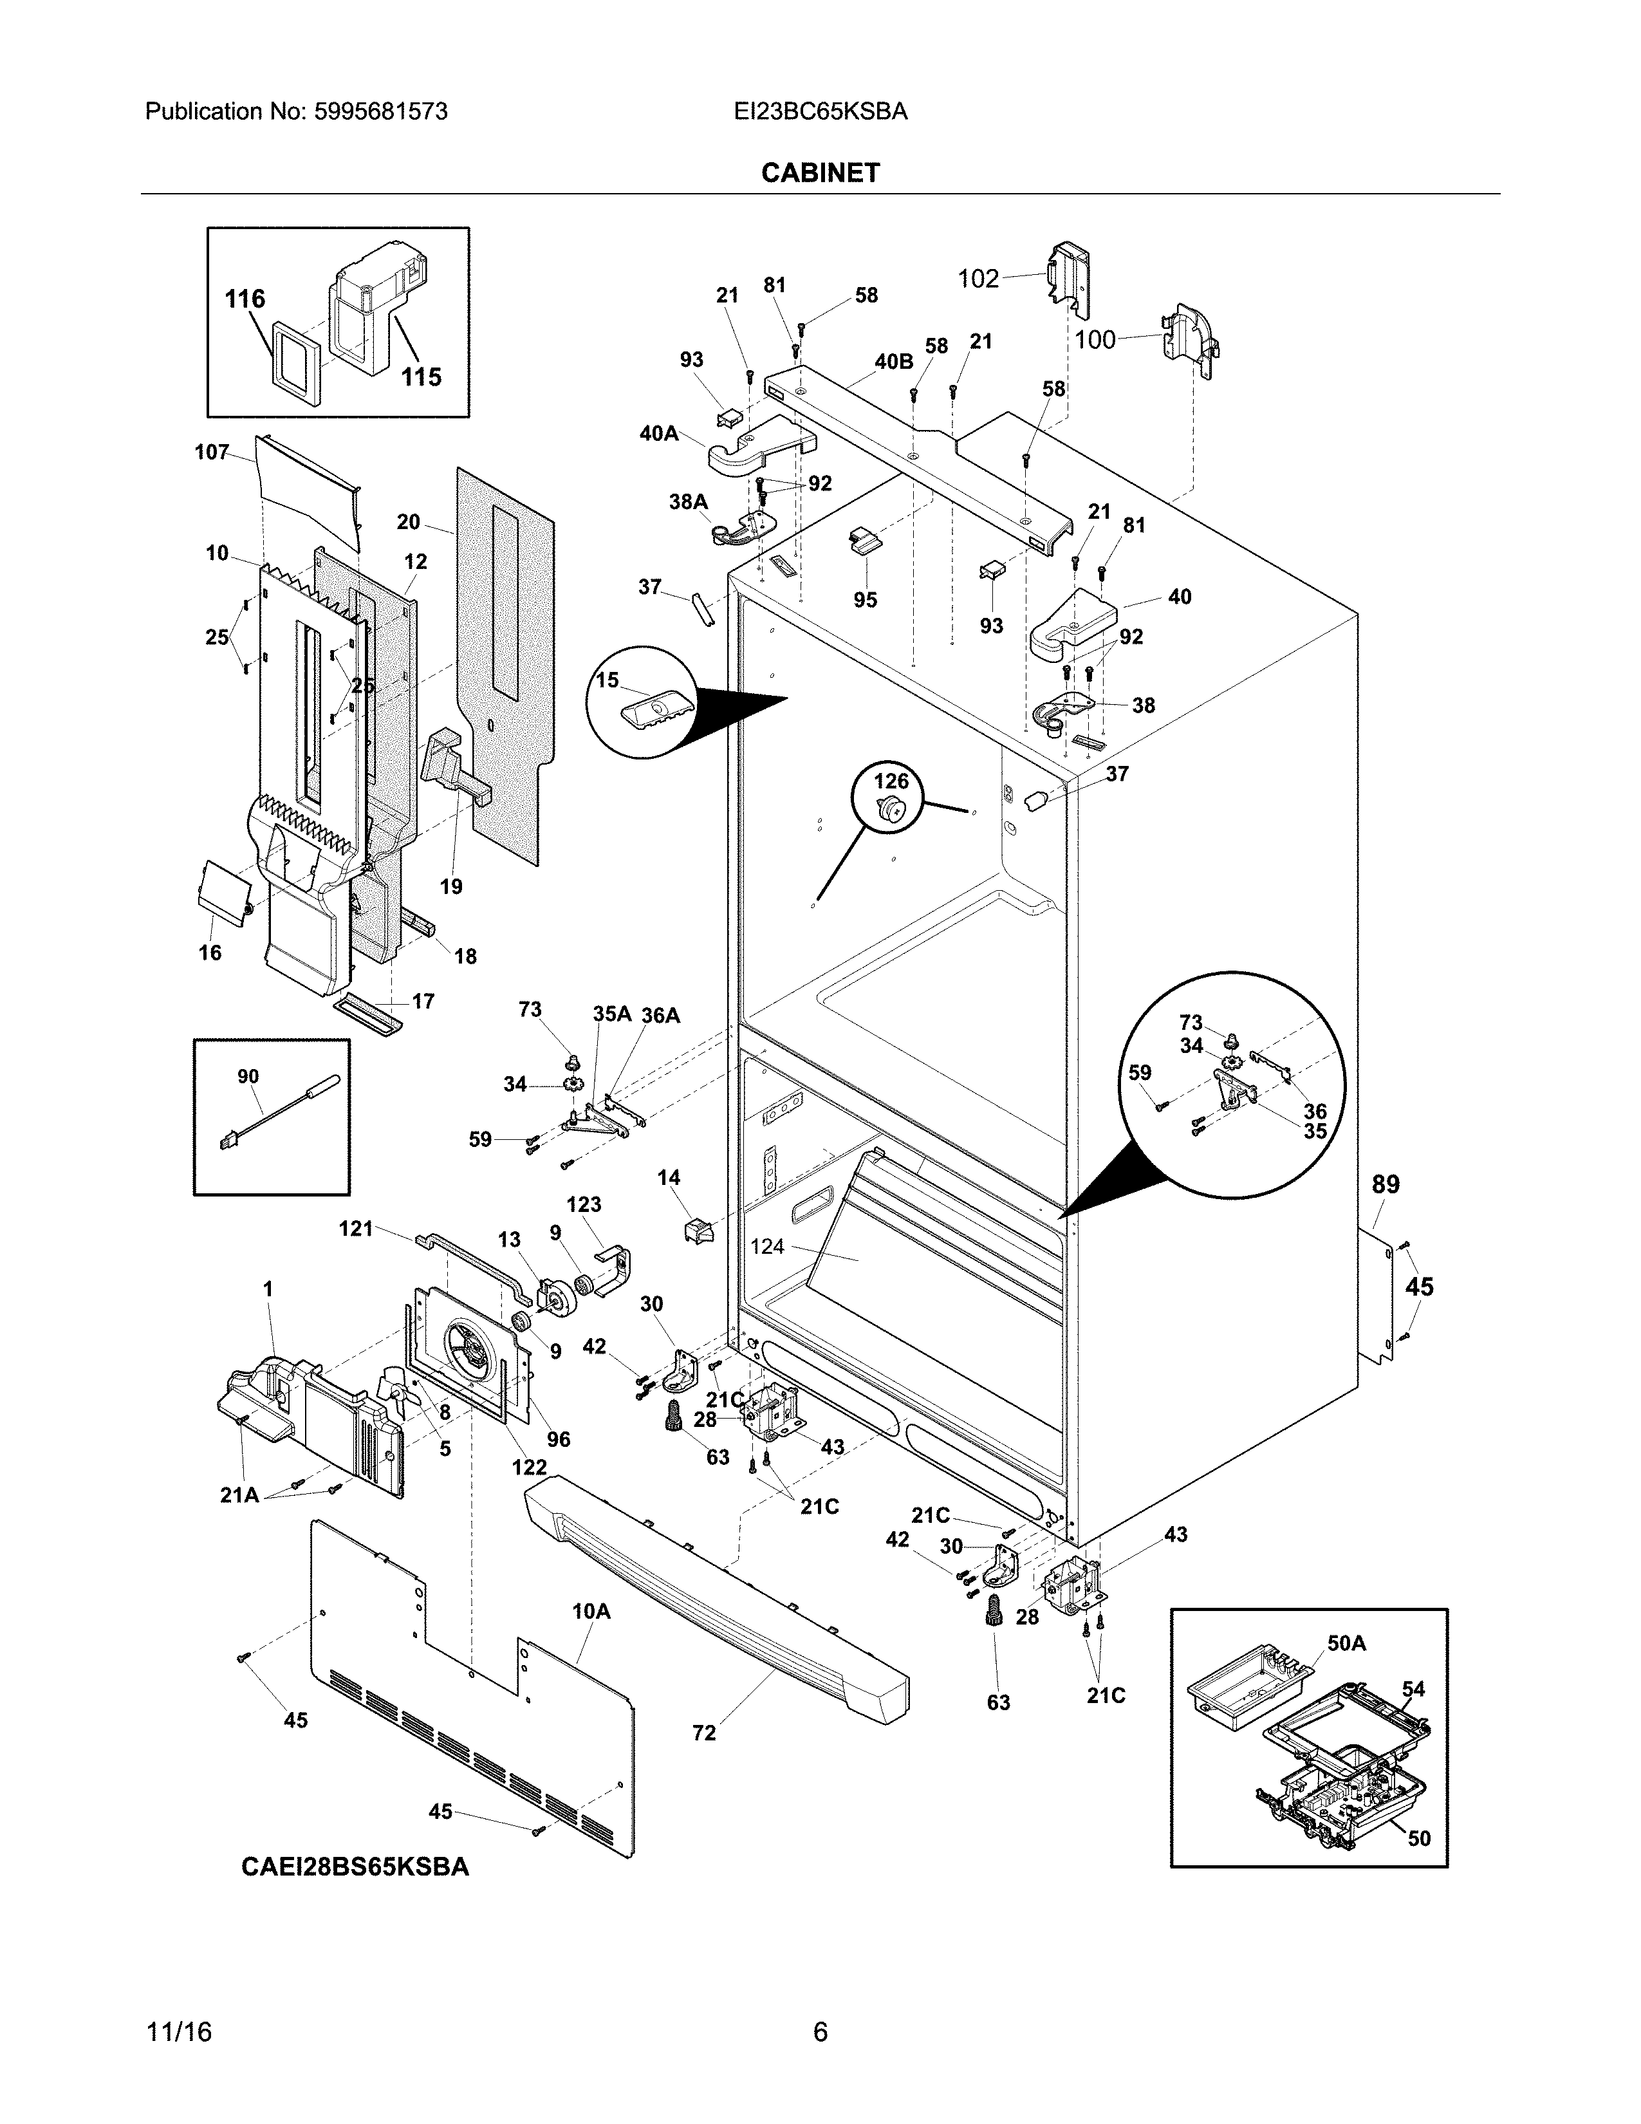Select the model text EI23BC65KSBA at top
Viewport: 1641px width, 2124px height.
(820, 112)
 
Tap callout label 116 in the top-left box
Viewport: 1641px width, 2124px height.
(245, 299)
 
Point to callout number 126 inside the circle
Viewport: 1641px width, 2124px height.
(891, 781)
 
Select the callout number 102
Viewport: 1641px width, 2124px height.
(978, 279)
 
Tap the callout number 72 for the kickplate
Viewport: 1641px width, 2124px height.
(704, 1733)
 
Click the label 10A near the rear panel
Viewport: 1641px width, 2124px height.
(591, 1612)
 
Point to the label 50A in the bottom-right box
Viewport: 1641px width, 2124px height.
(1346, 1644)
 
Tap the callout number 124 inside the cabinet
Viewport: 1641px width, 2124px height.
(767, 1246)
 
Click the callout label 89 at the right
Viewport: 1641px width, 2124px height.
(1386, 1184)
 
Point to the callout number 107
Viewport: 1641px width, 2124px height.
(212, 452)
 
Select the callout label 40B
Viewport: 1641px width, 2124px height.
(893, 362)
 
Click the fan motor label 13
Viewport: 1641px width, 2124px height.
(510, 1240)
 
